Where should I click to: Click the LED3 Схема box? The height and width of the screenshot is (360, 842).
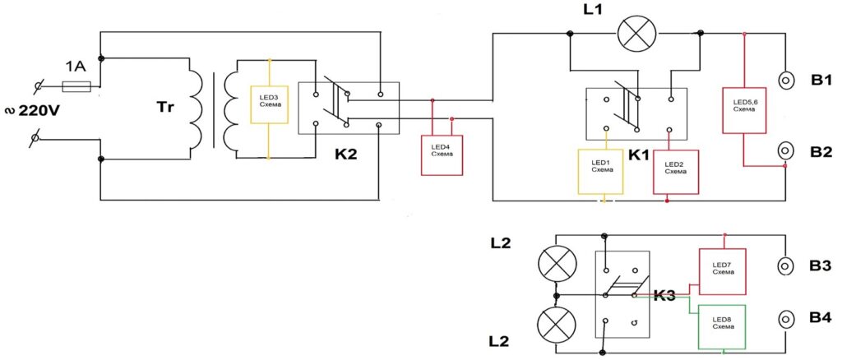click(269, 104)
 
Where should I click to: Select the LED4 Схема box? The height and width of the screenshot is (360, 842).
click(442, 155)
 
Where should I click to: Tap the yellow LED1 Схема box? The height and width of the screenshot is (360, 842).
click(600, 171)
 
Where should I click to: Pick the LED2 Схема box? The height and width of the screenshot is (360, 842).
click(677, 172)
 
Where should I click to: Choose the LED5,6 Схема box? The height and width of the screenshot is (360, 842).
click(744, 109)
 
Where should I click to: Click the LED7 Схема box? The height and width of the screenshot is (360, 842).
click(722, 271)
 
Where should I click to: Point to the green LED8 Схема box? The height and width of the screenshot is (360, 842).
click(722, 327)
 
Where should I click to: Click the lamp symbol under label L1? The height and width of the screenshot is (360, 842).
click(637, 33)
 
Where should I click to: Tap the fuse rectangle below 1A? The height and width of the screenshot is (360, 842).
click(76, 85)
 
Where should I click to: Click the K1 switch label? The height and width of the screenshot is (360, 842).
click(639, 155)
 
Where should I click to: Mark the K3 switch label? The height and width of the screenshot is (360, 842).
click(664, 296)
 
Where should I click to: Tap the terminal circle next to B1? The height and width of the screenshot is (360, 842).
click(785, 81)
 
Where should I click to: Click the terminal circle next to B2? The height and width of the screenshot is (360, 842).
click(785, 150)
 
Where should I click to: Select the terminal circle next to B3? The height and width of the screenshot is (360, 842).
click(785, 265)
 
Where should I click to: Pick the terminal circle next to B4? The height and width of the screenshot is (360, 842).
click(785, 321)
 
